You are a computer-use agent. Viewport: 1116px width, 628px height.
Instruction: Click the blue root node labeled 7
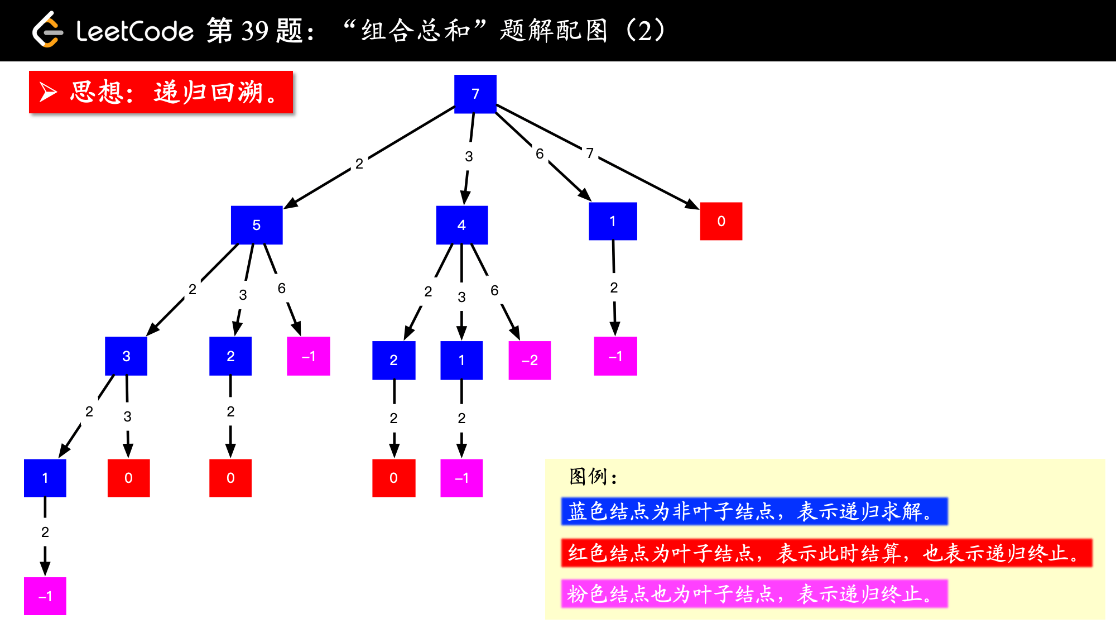click(x=475, y=94)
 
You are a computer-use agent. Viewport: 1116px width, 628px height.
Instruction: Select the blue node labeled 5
click(x=257, y=225)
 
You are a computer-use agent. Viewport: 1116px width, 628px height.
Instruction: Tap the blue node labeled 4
click(x=461, y=225)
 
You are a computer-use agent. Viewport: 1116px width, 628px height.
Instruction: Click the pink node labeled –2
click(x=530, y=361)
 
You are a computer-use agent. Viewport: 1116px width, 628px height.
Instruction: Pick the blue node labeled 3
click(x=126, y=356)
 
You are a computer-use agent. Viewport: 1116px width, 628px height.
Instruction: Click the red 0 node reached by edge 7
click(x=721, y=221)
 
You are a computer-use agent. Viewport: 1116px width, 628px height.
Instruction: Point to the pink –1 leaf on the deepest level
click(x=45, y=596)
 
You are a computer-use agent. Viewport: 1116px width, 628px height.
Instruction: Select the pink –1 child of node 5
click(x=309, y=356)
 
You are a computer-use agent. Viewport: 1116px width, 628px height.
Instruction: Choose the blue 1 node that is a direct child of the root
click(x=613, y=221)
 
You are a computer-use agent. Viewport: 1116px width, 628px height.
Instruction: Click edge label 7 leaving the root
click(x=590, y=153)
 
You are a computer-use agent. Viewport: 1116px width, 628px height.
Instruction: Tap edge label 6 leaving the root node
click(x=540, y=154)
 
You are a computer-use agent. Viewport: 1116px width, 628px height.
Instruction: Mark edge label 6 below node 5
click(x=282, y=288)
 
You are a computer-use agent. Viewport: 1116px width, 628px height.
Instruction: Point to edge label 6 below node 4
click(x=494, y=290)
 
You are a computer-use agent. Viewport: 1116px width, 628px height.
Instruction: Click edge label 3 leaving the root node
click(x=469, y=156)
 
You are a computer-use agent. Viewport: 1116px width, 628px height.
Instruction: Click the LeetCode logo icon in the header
click(x=47, y=30)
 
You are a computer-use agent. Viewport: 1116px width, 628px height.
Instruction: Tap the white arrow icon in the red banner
click(x=49, y=92)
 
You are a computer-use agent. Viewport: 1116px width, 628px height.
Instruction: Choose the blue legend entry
click(x=754, y=511)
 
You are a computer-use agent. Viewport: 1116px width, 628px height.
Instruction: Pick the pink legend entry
click(x=754, y=594)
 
